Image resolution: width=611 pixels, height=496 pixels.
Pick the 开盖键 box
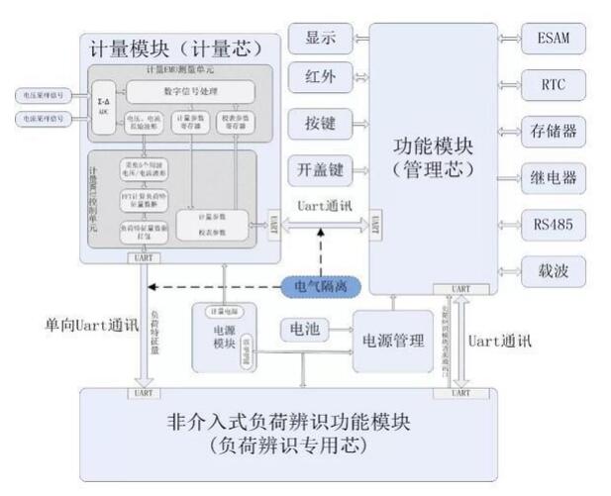tap(319, 169)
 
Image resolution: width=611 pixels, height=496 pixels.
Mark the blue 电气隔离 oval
tap(320, 287)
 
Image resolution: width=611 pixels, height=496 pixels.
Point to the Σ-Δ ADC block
tap(102, 105)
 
